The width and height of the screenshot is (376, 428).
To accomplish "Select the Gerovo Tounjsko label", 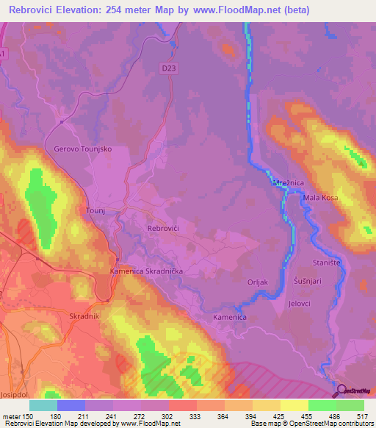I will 83,149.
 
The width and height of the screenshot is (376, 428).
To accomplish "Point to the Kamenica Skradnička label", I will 146,271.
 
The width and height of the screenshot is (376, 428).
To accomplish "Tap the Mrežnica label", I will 289,183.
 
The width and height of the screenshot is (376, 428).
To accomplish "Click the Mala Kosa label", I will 322,198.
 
